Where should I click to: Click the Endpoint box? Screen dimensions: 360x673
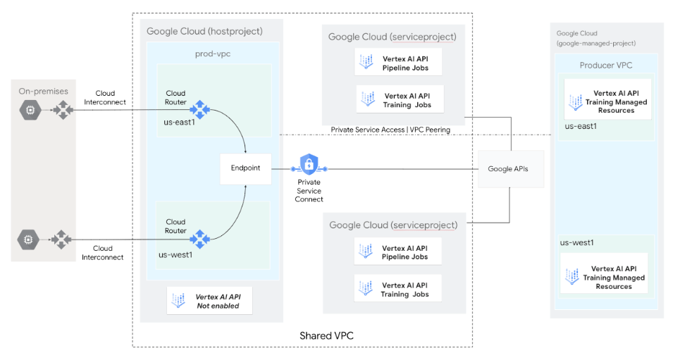point(245,169)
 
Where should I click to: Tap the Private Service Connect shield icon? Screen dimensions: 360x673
point(309,165)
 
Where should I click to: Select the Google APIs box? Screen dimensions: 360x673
point(511,169)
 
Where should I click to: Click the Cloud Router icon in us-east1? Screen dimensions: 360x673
point(200,109)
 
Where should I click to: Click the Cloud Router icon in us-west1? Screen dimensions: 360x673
point(200,239)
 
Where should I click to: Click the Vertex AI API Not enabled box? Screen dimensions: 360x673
point(209,301)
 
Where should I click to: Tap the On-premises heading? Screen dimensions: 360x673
point(43,91)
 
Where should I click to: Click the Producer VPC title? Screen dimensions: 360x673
point(605,66)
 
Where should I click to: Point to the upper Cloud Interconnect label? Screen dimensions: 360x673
point(105,97)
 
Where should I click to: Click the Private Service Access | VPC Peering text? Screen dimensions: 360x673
point(390,130)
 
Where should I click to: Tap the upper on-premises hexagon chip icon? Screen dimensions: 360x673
point(30,110)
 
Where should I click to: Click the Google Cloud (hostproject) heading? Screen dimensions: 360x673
point(204,32)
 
